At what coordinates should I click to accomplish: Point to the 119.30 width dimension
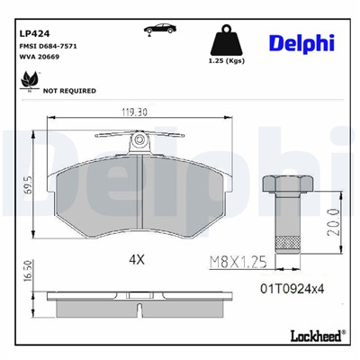pos(136,113)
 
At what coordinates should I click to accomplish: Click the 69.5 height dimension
pos(29,185)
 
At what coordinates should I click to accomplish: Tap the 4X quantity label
pos(137,258)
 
